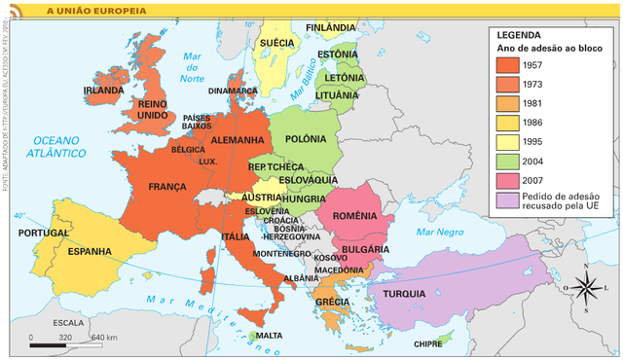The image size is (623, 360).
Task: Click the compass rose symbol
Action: (x=585, y=287)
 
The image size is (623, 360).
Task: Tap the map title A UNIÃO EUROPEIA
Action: (x=91, y=10)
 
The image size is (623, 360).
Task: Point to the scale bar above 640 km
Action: (x=63, y=344)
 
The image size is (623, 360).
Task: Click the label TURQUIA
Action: (x=402, y=294)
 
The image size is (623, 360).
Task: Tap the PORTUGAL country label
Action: (x=43, y=234)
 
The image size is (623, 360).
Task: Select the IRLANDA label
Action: (x=103, y=90)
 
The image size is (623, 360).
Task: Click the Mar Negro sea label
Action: (x=439, y=233)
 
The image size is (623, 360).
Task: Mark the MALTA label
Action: (x=269, y=336)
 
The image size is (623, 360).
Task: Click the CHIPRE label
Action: (x=427, y=343)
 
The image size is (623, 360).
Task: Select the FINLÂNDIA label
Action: (x=331, y=26)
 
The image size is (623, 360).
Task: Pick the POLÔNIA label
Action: (x=307, y=139)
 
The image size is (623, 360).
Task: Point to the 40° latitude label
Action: (x=19, y=216)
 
